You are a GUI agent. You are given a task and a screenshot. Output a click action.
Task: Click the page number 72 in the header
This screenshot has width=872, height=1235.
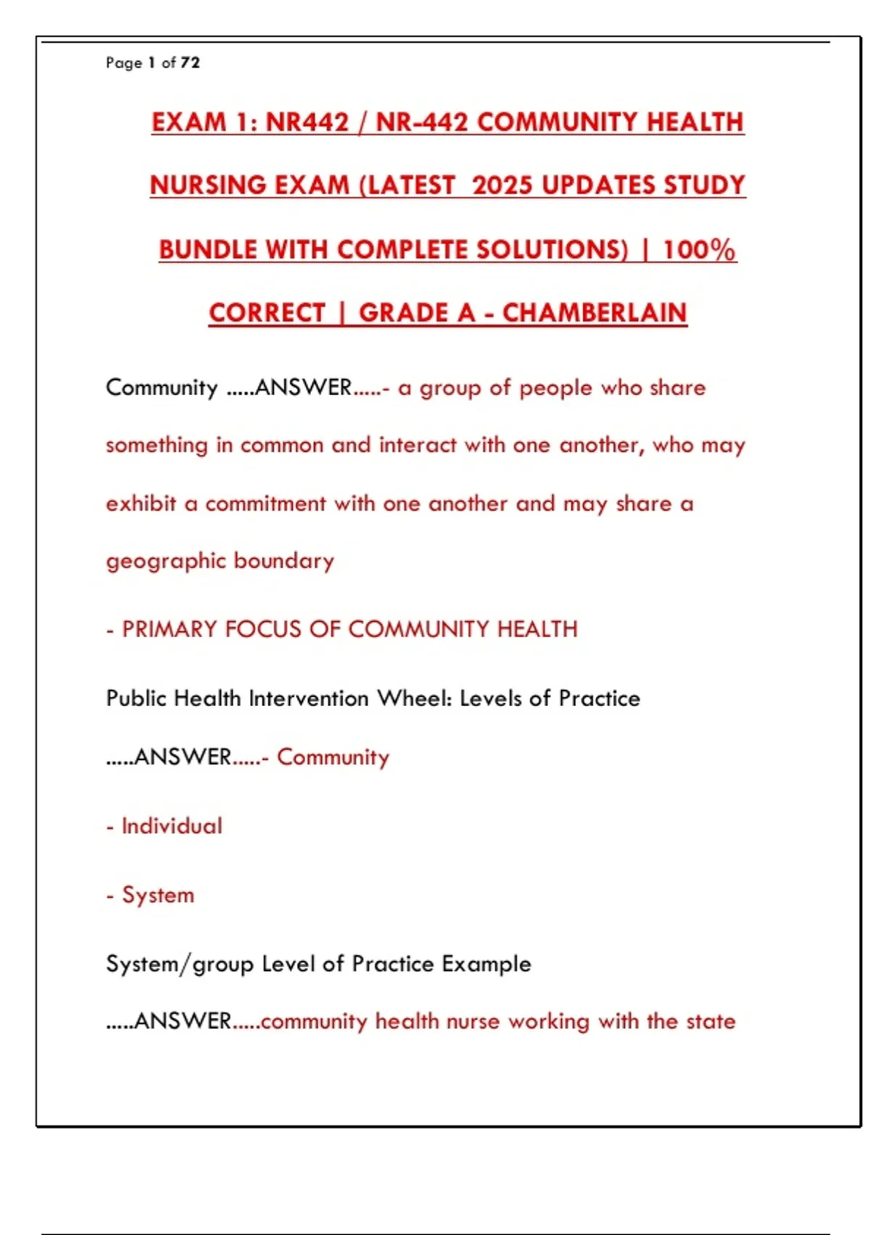[190, 63]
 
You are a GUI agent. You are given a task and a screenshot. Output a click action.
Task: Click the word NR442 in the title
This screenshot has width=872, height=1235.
[307, 122]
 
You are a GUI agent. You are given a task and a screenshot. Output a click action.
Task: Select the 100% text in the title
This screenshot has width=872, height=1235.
[699, 250]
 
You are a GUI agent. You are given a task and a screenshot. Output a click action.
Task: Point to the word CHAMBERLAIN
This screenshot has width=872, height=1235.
[594, 313]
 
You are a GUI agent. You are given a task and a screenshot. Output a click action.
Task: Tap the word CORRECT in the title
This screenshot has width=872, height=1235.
[267, 313]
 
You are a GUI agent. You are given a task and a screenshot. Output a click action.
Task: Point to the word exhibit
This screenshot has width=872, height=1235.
[141, 503]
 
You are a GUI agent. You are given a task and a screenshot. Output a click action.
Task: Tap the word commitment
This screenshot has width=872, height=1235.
[265, 503]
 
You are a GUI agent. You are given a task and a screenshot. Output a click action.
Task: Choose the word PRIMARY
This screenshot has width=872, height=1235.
[169, 629]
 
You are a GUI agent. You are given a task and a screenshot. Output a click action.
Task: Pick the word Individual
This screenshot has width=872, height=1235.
[171, 826]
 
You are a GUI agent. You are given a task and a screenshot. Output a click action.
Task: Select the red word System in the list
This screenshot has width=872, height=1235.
[158, 895]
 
